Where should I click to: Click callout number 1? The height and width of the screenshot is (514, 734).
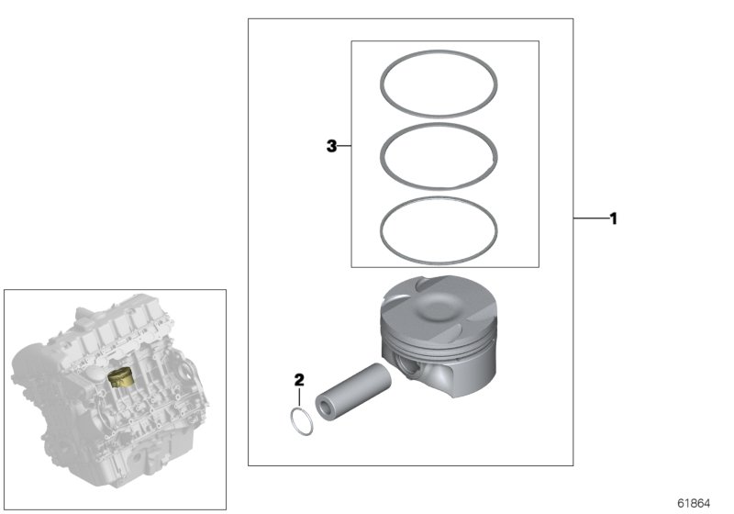pyautogui.click(x=613, y=219)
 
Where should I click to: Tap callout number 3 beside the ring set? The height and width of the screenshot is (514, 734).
pyautogui.click(x=332, y=146)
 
